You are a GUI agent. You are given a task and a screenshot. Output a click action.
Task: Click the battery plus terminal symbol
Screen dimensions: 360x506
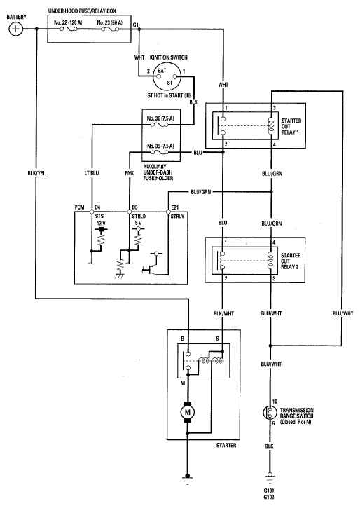(x=15, y=29)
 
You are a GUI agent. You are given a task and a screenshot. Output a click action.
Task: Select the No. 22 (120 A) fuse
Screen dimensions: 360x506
(x=69, y=29)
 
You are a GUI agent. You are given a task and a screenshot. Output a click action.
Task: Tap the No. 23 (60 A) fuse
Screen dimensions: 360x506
(x=111, y=29)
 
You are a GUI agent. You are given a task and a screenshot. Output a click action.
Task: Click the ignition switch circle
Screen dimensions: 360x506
(x=167, y=76)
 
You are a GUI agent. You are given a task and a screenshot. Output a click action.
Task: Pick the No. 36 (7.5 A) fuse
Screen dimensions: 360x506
(x=160, y=125)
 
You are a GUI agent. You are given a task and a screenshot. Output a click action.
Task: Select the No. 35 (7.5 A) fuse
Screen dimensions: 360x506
(x=160, y=152)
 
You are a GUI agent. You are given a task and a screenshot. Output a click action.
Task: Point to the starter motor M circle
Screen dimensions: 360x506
(x=187, y=412)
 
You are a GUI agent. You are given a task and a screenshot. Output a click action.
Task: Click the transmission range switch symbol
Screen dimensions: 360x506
(x=270, y=412)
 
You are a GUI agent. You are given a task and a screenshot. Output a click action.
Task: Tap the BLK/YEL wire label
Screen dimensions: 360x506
(x=36, y=173)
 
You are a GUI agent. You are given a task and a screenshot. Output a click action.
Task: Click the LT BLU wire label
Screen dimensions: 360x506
(x=92, y=173)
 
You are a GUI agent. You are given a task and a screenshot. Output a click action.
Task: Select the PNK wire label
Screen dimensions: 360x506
(x=130, y=173)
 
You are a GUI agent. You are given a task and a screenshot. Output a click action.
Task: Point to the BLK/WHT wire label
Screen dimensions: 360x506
(x=223, y=313)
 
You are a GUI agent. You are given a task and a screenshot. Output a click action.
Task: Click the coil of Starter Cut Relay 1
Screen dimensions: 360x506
(x=271, y=125)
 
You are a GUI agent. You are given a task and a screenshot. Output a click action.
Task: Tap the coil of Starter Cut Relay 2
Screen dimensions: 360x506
(x=271, y=260)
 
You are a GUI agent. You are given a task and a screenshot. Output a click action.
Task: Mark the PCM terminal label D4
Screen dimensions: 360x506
(x=97, y=207)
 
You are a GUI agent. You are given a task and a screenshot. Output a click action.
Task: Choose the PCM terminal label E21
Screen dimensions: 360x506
(x=174, y=207)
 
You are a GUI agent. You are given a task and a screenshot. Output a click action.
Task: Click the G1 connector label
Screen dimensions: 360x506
(x=136, y=25)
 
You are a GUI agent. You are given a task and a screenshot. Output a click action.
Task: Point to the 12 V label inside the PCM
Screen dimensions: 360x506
(x=102, y=224)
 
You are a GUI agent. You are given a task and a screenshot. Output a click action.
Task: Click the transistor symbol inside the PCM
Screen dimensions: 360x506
(x=150, y=269)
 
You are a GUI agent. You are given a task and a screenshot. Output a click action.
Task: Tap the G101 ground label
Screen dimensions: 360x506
(x=269, y=491)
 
